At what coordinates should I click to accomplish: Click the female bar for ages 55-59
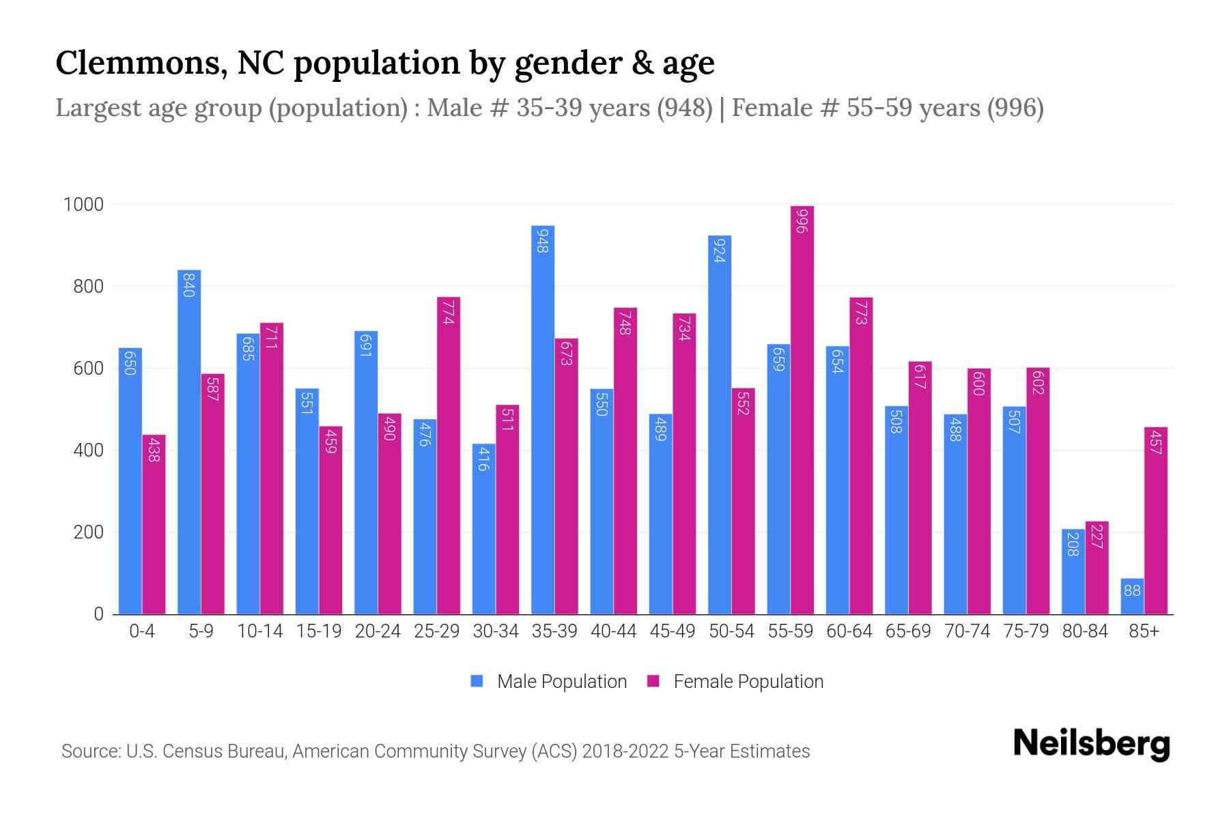[x=802, y=409]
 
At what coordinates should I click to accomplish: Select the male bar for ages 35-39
[x=543, y=420]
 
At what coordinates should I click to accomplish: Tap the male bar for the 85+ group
[x=1132, y=597]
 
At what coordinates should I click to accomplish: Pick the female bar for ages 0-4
[x=154, y=524]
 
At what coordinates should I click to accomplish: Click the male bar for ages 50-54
[x=720, y=425]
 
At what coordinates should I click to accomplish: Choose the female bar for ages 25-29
[x=449, y=455]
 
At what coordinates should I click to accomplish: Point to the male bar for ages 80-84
[x=1073, y=572]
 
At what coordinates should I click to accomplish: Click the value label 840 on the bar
[x=189, y=284]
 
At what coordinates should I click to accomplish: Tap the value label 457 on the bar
[x=1155, y=442]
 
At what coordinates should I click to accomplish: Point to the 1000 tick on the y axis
[x=83, y=205]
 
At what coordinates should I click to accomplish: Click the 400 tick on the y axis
[x=88, y=450]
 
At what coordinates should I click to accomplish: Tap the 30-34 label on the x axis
[x=496, y=631]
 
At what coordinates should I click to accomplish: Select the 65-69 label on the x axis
[x=908, y=631]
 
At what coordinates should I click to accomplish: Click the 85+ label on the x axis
[x=1144, y=631]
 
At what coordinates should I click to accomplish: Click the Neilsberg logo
[x=1091, y=744]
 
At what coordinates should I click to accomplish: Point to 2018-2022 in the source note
[x=625, y=751]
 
